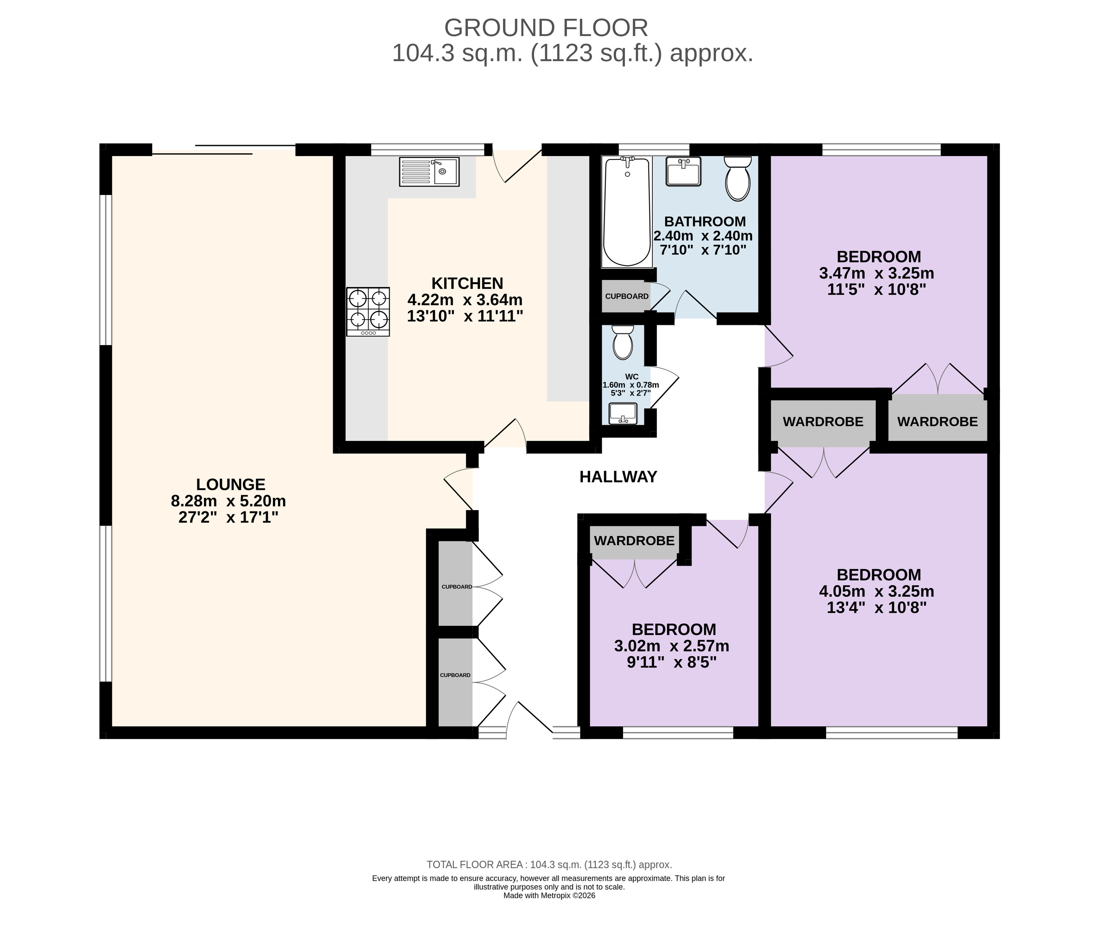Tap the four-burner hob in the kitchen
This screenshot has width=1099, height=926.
[368, 311]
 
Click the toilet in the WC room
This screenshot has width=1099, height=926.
[623, 342]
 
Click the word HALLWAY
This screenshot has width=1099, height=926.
[618, 477]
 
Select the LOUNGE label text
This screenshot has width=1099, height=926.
[231, 484]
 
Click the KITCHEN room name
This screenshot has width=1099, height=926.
[467, 283]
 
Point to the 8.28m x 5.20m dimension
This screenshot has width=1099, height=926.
[228, 501]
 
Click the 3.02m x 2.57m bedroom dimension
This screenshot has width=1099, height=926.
[672, 646]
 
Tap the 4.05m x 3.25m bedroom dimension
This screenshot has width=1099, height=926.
[877, 591]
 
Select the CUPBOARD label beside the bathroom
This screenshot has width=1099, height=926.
[627, 296]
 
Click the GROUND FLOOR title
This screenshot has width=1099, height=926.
[546, 28]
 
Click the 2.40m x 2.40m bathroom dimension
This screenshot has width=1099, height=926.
[703, 236]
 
